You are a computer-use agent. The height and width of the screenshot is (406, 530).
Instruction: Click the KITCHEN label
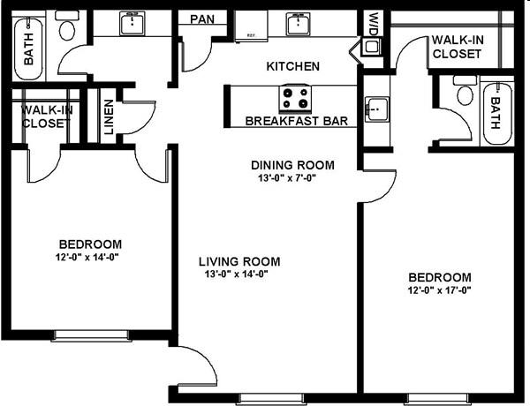coord(292,66)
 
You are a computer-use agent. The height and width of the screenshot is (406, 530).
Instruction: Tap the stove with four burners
coord(295,98)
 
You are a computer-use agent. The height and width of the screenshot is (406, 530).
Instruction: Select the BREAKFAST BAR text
coord(297,121)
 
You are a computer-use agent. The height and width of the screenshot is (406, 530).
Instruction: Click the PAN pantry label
coord(202,19)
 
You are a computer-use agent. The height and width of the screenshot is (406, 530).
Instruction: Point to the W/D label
coord(373,24)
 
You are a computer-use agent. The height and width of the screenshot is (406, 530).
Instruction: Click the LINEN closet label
coord(109,117)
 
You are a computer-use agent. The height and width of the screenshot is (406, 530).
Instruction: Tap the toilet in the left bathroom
coord(67,26)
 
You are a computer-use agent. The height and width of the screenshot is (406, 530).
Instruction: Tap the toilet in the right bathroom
coord(466,91)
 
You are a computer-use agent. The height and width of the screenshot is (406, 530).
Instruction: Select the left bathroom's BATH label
coord(29,49)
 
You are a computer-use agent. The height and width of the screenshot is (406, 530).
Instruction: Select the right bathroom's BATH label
coord(496,113)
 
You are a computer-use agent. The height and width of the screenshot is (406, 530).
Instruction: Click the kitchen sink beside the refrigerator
coord(299,24)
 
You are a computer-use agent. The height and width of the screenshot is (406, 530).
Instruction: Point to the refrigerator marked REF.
coord(251,26)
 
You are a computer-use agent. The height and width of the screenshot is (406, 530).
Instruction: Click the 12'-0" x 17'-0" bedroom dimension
coord(439,290)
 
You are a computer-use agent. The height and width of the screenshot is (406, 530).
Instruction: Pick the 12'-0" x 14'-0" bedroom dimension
coord(87,257)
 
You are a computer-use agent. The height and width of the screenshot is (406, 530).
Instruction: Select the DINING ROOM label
coord(292,165)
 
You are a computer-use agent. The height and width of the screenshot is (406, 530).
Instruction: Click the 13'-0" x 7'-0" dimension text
coord(287,178)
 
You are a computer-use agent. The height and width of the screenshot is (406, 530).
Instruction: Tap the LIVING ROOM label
coord(239,261)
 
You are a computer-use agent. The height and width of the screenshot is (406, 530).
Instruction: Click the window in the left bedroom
coord(91,335)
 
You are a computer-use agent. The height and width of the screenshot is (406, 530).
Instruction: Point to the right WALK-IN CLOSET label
coord(458,47)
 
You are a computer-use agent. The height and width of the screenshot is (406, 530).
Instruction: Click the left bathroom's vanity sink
coord(132,23)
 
